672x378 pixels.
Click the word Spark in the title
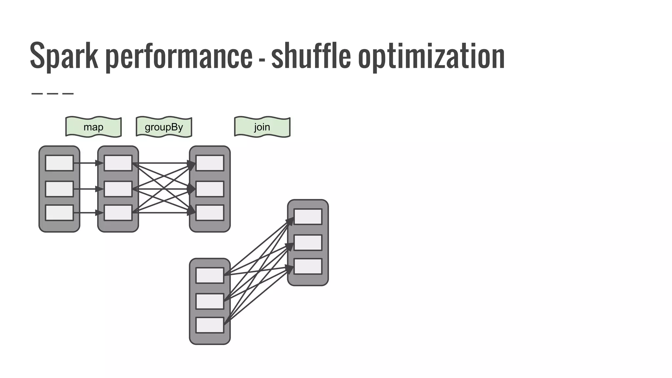[64, 56]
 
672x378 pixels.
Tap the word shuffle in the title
[311, 56]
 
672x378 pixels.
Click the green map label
[94, 127]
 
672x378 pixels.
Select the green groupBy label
[164, 127]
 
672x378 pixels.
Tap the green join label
[262, 127]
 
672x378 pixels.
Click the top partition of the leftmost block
[59, 163]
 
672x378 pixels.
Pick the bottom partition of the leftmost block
[59, 213]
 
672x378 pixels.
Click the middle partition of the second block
[118, 189]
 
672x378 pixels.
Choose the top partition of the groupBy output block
[210, 163]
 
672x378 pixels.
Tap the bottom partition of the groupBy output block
[210, 213]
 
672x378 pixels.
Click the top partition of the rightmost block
[308, 217]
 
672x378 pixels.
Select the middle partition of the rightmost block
[308, 242]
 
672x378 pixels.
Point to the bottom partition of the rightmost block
[308, 266]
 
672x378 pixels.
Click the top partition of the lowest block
[210, 275]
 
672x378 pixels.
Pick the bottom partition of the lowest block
[210, 325]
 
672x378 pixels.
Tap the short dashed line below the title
[52, 94]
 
